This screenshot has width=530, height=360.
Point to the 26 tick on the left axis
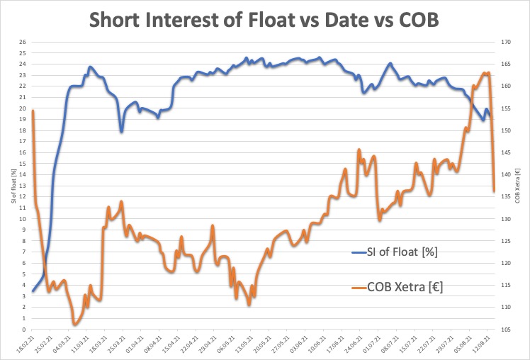[x=23, y=42]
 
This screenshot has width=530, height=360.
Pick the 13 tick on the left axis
[x=23, y=186]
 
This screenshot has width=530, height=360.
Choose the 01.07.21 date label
[x=371, y=346]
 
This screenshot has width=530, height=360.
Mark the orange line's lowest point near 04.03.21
[x=74, y=324]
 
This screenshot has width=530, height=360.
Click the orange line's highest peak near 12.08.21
[x=486, y=73]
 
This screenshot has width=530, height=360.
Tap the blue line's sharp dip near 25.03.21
[x=122, y=131]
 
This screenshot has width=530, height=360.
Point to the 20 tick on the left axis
[x=23, y=108]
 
